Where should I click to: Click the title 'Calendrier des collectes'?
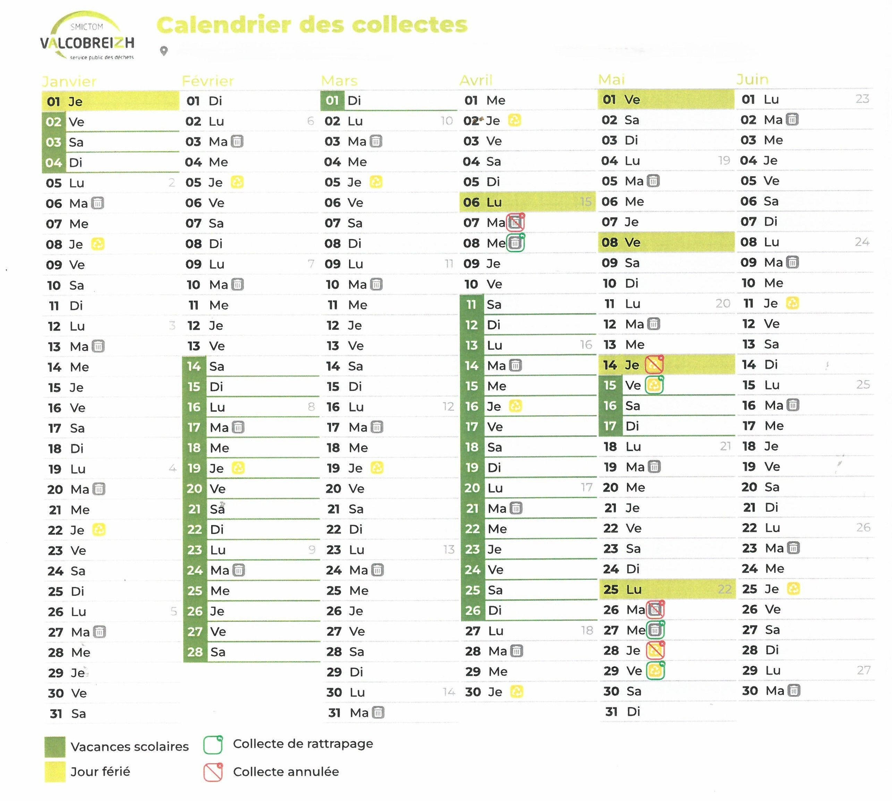click(312, 25)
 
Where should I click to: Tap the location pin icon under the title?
click(164, 51)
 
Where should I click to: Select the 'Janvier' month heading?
click(69, 82)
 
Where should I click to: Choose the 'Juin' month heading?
click(753, 79)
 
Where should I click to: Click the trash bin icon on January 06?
click(97, 203)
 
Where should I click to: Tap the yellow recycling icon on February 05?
click(237, 182)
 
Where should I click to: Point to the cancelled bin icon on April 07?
click(516, 223)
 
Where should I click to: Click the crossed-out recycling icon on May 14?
click(654, 365)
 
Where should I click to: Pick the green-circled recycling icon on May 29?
click(655, 671)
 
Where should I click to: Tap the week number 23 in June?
click(862, 99)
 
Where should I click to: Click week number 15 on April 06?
click(585, 202)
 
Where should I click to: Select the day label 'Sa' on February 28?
click(218, 652)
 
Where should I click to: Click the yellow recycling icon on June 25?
click(793, 589)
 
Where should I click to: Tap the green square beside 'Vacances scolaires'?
click(55, 746)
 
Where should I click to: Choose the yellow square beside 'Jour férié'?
click(55, 771)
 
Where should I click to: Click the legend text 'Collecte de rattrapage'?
click(303, 744)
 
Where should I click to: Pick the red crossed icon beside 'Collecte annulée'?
click(213, 772)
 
